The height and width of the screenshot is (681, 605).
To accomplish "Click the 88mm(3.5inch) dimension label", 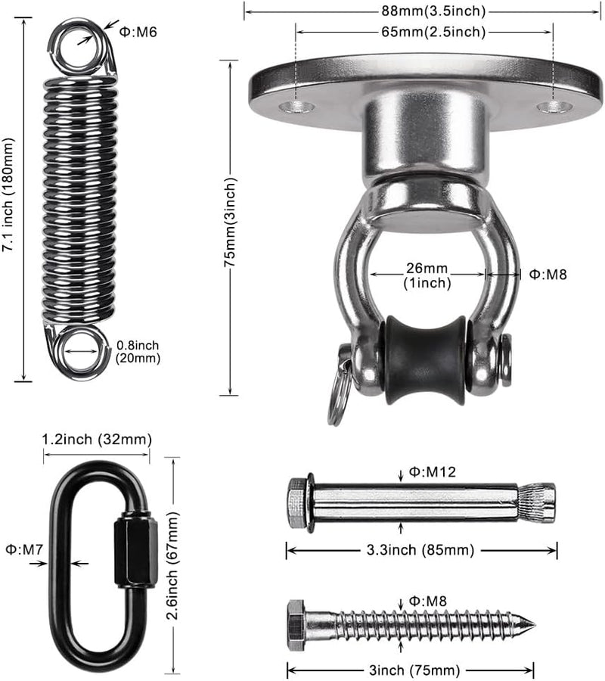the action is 433,11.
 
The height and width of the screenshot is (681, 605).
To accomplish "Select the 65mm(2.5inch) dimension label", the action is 433,32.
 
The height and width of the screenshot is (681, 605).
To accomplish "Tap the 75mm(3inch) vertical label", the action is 230,222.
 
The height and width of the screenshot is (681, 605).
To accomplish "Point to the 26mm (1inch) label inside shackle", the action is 427,275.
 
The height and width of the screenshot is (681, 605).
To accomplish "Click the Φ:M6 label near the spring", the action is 138,32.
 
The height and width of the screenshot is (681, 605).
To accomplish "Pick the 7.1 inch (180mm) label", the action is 8,194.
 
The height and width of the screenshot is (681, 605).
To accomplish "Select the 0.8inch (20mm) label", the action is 138,352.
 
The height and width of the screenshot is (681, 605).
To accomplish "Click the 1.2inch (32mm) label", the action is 97,440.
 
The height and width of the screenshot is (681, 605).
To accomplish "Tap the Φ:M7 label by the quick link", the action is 24,549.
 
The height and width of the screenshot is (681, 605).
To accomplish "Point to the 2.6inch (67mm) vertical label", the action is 173,565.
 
